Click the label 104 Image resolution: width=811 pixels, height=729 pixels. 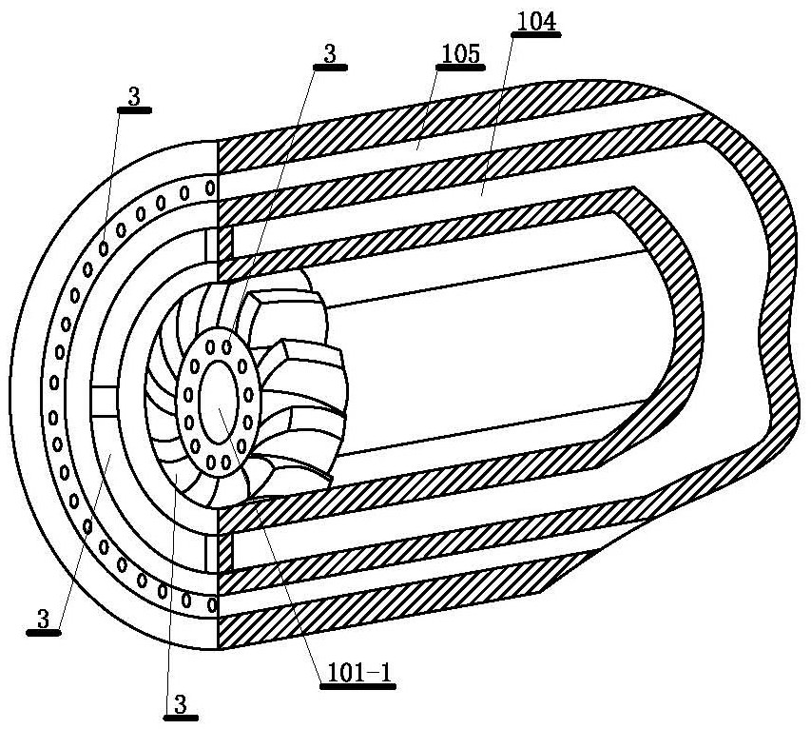(x=536, y=22)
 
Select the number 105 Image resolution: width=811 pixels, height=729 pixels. (x=460, y=54)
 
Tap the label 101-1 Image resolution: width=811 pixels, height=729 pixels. (x=357, y=673)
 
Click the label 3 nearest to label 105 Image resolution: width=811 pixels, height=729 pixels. (x=330, y=54)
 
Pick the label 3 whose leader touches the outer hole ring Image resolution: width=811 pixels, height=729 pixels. (x=134, y=97)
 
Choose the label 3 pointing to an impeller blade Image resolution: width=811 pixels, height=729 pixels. (x=181, y=704)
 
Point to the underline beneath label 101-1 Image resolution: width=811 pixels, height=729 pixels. (x=357, y=687)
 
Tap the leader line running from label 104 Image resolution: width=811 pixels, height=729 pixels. (x=497, y=115)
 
